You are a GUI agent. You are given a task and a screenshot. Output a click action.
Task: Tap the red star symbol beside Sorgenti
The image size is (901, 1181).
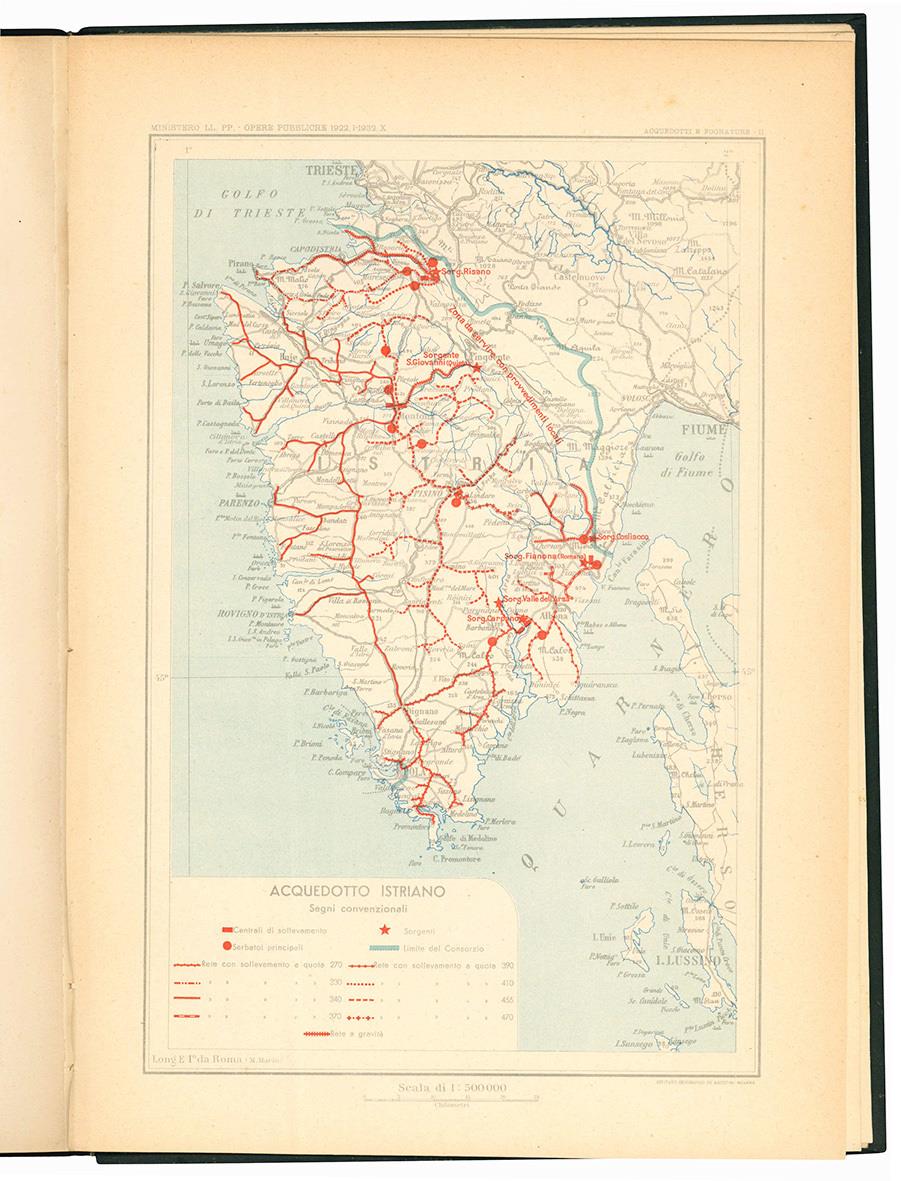click(385, 931)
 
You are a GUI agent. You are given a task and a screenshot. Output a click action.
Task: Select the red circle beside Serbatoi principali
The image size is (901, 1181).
click(227, 947)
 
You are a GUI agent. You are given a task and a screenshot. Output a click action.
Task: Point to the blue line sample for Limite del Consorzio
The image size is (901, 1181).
click(384, 947)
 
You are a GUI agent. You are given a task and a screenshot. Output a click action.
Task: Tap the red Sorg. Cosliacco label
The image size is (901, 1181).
click(622, 538)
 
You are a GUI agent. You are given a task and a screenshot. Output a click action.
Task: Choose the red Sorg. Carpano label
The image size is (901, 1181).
click(493, 618)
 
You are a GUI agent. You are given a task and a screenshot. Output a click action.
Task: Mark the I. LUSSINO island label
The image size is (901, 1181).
click(686, 961)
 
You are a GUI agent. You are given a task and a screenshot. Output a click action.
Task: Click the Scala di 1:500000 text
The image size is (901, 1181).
click(452, 1088)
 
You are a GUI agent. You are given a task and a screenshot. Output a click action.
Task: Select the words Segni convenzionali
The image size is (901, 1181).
click(342, 909)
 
